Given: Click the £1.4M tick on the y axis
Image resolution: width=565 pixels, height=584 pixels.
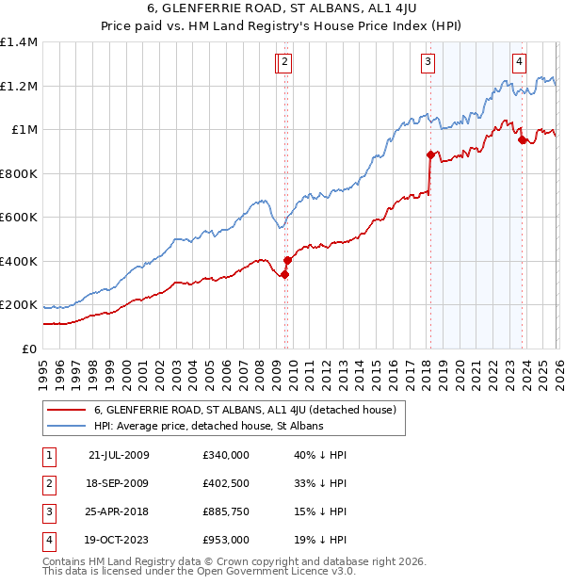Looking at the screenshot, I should click(19, 42).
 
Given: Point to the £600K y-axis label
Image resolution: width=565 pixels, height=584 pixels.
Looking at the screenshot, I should click(19, 218).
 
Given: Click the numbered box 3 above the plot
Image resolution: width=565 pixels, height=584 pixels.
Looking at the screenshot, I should click(428, 63).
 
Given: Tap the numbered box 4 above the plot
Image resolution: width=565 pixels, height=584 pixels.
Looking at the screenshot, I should click(519, 63).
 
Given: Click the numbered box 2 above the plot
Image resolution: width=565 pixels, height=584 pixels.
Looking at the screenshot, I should click(285, 63).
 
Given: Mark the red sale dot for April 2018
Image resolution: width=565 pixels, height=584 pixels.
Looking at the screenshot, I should click(430, 154).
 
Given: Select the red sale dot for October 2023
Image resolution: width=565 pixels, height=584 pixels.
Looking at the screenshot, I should click(522, 140).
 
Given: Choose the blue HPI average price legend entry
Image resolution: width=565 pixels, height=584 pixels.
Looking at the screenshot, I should click(208, 426).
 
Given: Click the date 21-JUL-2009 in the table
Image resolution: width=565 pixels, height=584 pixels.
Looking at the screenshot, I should click(119, 455).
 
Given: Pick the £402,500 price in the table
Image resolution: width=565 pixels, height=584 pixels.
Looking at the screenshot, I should click(226, 483).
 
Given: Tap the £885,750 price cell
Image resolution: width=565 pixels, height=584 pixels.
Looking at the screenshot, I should click(226, 511).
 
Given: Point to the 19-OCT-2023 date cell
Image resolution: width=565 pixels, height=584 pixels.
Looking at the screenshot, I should click(119, 540).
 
